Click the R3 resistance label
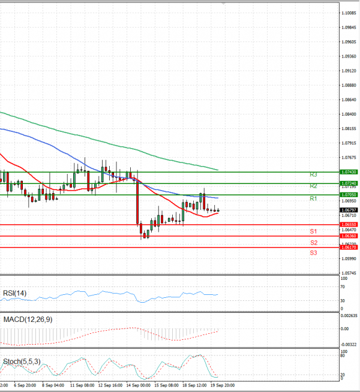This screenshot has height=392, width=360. pyautogui.click(x=313, y=174)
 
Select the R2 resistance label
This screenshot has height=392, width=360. pyautogui.click(x=313, y=186)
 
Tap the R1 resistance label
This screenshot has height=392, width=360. pyautogui.click(x=313, y=198)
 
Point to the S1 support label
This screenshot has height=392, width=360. pyautogui.click(x=313, y=231)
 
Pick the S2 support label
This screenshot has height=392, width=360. pyautogui.click(x=314, y=243)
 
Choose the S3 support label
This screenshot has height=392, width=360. pyautogui.click(x=314, y=253)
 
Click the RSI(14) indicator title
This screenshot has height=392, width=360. pyautogui.click(x=16, y=293)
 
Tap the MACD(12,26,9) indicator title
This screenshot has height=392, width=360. pyautogui.click(x=26, y=319)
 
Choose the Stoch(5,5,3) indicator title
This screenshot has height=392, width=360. pyautogui.click(x=22, y=361)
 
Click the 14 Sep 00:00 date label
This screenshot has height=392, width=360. pyautogui.click(x=137, y=385)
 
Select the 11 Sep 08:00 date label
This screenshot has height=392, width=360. pyautogui.click(x=82, y=385)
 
